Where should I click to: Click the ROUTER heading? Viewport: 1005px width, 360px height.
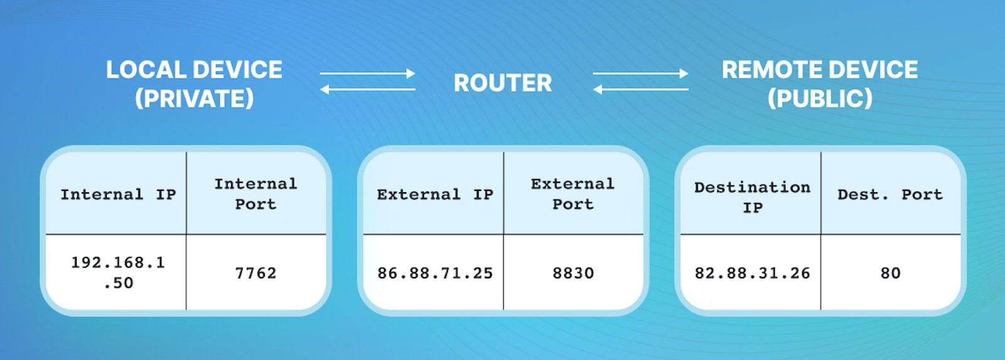pyautogui.click(x=503, y=83)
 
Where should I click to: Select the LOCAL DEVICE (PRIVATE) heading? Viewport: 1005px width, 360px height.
pyautogui.click(x=194, y=84)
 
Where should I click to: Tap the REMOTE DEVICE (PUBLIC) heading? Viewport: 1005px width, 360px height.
pyautogui.click(x=820, y=84)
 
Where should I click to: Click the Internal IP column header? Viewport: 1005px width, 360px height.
pyautogui.click(x=118, y=195)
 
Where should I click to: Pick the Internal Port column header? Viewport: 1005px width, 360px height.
pyautogui.click(x=256, y=194)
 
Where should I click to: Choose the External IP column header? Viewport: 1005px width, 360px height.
pyautogui.click(x=435, y=195)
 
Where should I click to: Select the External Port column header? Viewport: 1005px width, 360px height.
pyautogui.click(x=572, y=194)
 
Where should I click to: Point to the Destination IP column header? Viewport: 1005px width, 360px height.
pyautogui.click(x=752, y=197)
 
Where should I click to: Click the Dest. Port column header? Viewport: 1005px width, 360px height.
pyautogui.click(x=890, y=195)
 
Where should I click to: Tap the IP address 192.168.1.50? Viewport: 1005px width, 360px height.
pyautogui.click(x=118, y=273)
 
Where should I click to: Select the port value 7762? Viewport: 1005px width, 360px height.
pyautogui.click(x=256, y=273)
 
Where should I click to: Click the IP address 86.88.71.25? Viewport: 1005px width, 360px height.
pyautogui.click(x=435, y=273)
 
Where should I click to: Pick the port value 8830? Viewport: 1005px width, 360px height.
pyautogui.click(x=573, y=273)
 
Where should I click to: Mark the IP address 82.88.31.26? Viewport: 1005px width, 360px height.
pyautogui.click(x=752, y=273)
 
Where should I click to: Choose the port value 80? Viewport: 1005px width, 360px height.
pyautogui.click(x=890, y=273)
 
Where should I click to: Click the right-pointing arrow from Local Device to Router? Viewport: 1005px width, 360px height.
pyautogui.click(x=367, y=74)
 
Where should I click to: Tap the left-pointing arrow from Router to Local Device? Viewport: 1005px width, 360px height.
pyautogui.click(x=367, y=90)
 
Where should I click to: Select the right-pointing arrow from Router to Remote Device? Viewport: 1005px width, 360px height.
pyautogui.click(x=641, y=74)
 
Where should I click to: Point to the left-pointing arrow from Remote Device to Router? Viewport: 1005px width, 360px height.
pyautogui.click(x=641, y=90)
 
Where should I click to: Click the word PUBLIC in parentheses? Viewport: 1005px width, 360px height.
pyautogui.click(x=820, y=99)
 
